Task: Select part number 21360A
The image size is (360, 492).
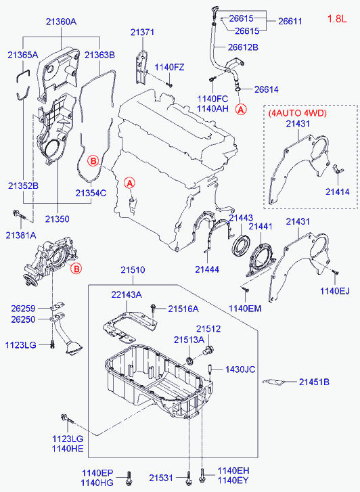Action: pos(61,22)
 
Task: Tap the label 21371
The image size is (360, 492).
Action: pos(142,32)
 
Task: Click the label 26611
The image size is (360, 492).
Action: pos(292,22)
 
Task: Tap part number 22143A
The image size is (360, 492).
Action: pos(127,294)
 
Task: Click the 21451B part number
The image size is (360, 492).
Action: pos(314,382)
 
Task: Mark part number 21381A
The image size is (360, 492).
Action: pos(21,234)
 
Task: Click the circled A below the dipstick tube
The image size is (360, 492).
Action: pos(241,108)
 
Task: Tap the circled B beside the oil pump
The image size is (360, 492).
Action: pos(76,269)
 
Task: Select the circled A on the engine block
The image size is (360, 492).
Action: pos(130,182)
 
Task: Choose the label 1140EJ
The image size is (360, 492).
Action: pos(334,290)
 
